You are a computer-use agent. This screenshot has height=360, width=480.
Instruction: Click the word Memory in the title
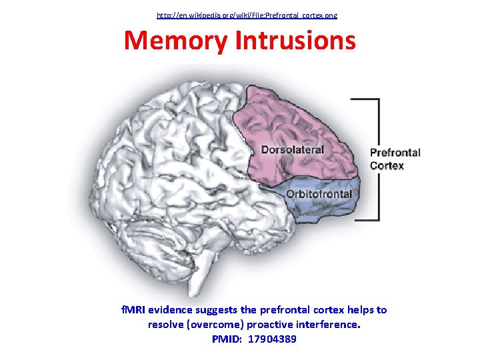176,41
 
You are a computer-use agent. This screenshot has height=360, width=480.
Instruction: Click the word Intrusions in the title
295,41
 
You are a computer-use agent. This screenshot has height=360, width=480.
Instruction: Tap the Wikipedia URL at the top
247,15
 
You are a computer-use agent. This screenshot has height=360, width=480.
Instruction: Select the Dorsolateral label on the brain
292,149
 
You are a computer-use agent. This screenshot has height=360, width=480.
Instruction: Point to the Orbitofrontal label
319,194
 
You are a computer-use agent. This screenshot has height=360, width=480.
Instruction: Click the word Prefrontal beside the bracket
395,153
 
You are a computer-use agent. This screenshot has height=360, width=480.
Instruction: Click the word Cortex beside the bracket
387,165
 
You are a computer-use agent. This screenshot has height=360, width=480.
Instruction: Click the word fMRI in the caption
133,310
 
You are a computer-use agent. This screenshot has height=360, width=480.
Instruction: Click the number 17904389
272,339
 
